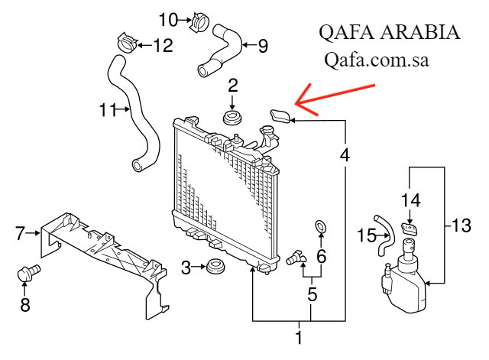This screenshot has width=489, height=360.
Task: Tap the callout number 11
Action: (108, 110)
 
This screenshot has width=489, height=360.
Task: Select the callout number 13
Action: (461, 225)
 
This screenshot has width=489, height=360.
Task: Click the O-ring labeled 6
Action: (322, 226)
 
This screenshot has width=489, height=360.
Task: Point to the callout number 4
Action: (345, 154)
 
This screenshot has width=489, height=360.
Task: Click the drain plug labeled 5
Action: (294, 260)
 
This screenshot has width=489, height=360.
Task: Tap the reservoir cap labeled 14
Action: (411, 227)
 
